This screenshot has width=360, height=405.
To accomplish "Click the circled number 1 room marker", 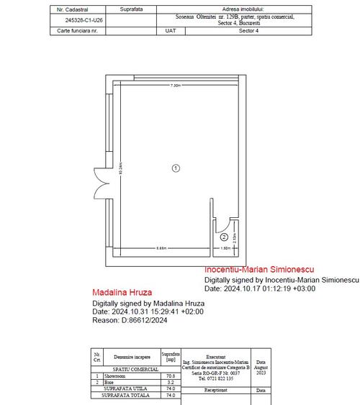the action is click(x=175, y=168).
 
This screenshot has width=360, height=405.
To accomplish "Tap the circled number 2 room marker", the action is click(x=224, y=237).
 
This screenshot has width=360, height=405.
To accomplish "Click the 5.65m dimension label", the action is click(x=163, y=247).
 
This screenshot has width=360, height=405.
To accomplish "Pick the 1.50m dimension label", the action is click(x=225, y=247).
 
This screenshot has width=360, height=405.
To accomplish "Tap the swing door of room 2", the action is click(x=225, y=219).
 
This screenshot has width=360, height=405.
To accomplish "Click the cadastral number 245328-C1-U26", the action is click(x=84, y=21).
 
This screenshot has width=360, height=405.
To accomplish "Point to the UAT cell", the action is click(x=171, y=31).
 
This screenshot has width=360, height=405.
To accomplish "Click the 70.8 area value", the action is click(x=171, y=375).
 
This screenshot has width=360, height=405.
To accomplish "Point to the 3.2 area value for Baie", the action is click(x=171, y=382).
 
